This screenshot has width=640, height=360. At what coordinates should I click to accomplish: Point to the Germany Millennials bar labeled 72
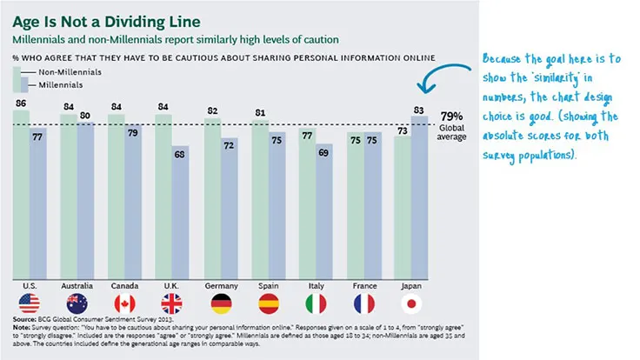tap(228, 204)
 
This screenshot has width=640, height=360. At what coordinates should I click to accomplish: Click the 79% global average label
tap(450, 116)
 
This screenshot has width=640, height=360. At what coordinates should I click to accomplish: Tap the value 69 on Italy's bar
tap(323, 153)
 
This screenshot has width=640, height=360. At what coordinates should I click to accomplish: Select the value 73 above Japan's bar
tap(402, 130)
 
